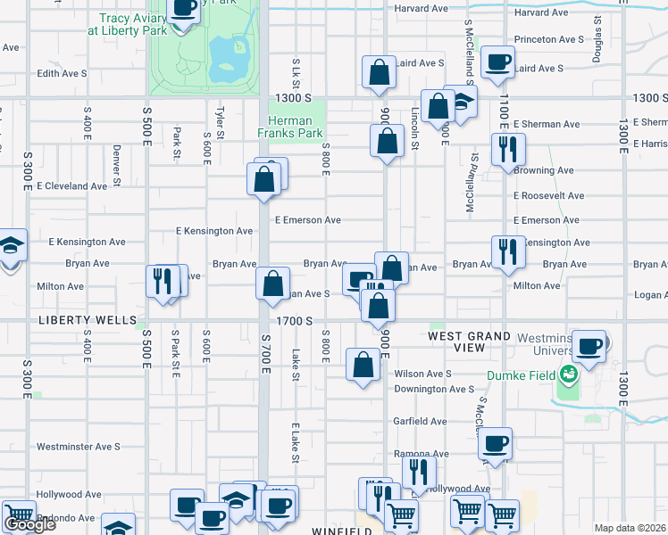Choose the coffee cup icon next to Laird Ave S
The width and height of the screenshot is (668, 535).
497,62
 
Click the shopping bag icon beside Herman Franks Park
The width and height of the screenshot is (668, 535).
386,140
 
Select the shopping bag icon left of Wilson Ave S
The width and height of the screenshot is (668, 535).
363,364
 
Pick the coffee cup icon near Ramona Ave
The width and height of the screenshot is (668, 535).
496,442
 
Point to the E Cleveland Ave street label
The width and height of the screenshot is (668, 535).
72,186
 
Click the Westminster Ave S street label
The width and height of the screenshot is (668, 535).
78,447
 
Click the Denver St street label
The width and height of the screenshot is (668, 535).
117,168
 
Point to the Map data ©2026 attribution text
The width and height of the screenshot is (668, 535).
630,528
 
